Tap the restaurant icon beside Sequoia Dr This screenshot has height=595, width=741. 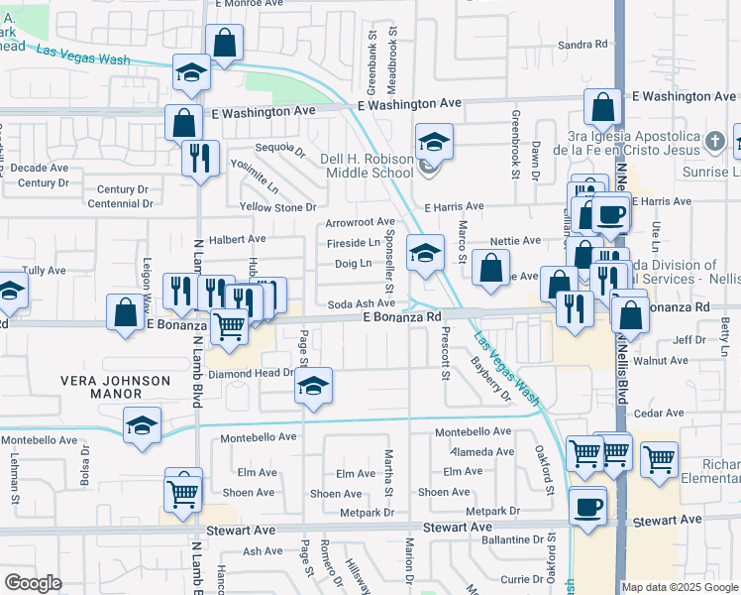pyautogui.click(x=201, y=158)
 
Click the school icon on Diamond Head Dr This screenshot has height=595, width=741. pyautogui.click(x=314, y=386)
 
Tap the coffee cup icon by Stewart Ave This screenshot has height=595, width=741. pyautogui.click(x=588, y=507)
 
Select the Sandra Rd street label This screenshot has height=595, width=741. pyautogui.click(x=582, y=45)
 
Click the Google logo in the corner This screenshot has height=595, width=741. pyautogui.click(x=33, y=583)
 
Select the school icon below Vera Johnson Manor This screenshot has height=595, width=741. pyautogui.click(x=142, y=425)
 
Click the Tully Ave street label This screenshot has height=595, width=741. pyautogui.click(x=44, y=270)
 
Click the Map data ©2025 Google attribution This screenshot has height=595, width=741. pyautogui.click(x=680, y=587)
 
